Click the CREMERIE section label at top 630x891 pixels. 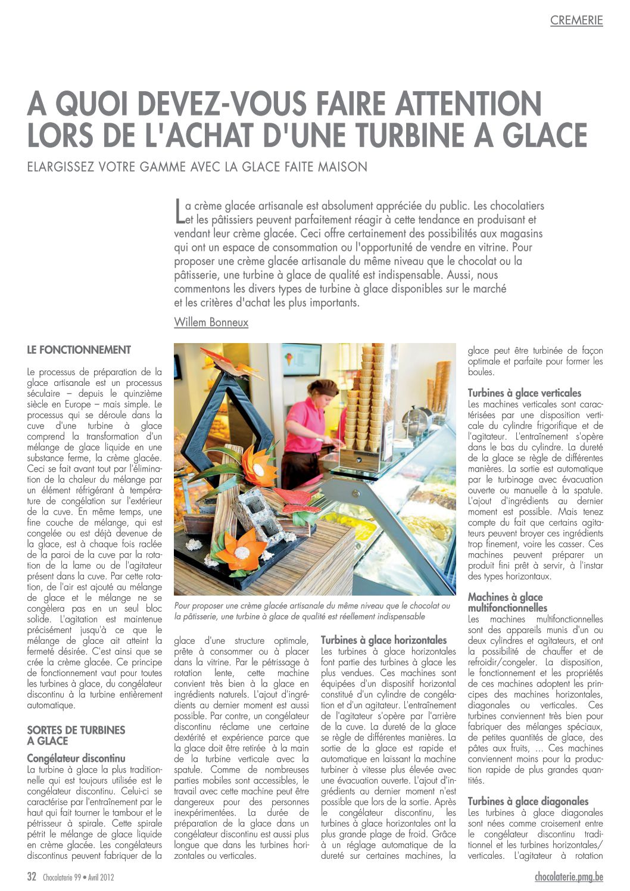pyautogui.click(x=576, y=20)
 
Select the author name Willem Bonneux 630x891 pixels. pyautogui.click(x=211, y=322)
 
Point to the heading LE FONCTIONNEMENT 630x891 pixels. pyautogui.click(x=79, y=350)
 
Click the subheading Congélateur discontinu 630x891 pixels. pyautogui.click(x=76, y=758)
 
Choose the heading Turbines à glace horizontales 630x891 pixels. pyautogui.click(x=383, y=640)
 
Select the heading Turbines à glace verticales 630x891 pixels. pyautogui.click(x=524, y=393)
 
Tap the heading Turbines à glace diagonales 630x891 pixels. pyautogui.click(x=528, y=802)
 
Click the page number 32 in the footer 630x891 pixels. pyautogui.click(x=32, y=877)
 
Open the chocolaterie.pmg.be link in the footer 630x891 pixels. pyautogui.click(x=569, y=877)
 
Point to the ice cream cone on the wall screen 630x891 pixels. pyautogui.click(x=289, y=359)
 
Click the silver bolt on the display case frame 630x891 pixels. pyautogui.click(x=356, y=494)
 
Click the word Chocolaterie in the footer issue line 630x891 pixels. pyautogui.click(x=58, y=877)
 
